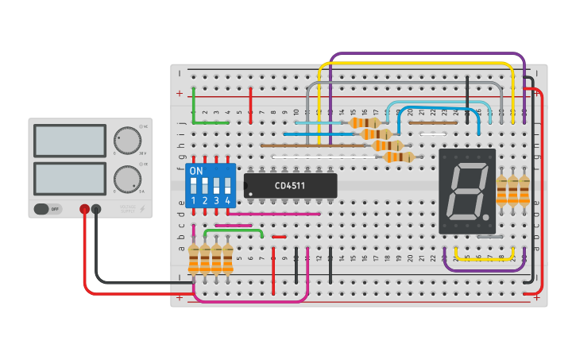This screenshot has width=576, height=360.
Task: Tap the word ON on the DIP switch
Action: pos(196,171)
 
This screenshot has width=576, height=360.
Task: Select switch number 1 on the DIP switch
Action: pos(193,188)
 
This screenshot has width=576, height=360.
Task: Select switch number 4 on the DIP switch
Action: pos(227,188)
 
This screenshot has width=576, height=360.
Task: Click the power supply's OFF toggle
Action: pos(48,209)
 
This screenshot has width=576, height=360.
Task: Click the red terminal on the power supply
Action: pos(84,209)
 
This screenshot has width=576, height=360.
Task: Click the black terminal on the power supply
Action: pos(96,209)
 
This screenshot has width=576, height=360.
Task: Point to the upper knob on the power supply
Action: pos(126,140)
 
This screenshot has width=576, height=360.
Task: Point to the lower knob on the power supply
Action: pos(126,180)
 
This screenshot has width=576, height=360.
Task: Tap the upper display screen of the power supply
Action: pos(69,141)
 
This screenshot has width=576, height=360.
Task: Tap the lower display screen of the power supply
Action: pos(69,180)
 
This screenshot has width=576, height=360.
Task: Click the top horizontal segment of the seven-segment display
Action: pos(469,167)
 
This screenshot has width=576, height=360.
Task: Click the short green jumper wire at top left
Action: pos(211,123)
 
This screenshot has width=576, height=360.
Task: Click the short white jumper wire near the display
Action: pos(431,134)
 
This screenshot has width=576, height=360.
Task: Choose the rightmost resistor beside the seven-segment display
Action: pos(524,191)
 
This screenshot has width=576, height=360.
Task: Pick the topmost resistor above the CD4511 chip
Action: pos(365,123)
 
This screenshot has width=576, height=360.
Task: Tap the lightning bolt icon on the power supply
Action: pos(142,209)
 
